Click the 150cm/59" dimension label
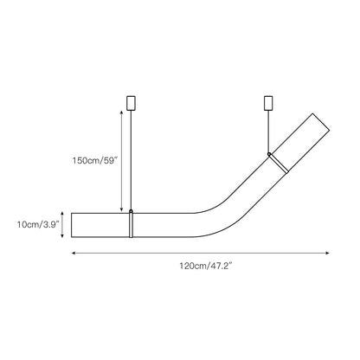click(95, 160)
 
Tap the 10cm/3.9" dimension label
click(38, 224)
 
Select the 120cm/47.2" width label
click(206, 266)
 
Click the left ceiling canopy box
click(132, 103)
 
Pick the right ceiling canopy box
click(268, 103)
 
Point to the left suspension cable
click(132, 160)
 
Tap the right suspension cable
click(269, 132)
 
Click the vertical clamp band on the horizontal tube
click(132, 225)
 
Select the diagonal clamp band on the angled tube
click(279, 164)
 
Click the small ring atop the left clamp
click(132, 211)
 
